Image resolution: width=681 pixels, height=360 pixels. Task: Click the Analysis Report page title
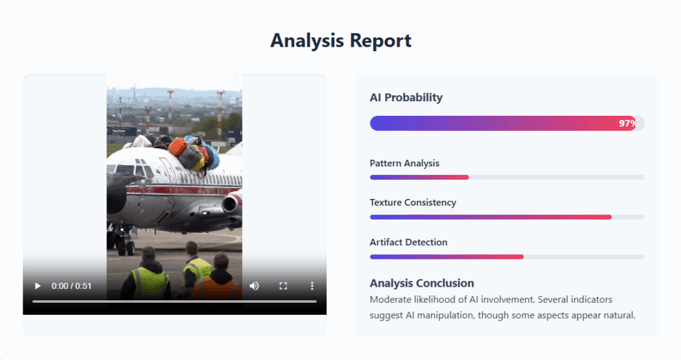point(341,41)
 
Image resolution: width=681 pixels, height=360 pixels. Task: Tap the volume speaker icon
point(255,285)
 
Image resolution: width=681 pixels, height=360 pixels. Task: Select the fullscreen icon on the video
point(283,285)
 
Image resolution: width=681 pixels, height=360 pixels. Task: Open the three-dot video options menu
point(312,285)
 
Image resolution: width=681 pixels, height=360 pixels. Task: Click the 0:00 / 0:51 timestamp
point(72,285)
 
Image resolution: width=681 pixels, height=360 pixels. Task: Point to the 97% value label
point(628,124)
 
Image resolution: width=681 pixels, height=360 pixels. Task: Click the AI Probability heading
point(406,97)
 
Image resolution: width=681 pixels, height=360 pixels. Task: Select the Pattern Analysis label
point(404,163)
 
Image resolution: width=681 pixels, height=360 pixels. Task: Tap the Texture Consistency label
point(413,202)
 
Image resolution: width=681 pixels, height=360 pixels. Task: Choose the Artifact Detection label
point(408,242)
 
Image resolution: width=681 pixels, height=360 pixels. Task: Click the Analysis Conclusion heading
point(422,283)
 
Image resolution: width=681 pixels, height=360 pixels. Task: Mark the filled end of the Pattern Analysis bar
point(468,178)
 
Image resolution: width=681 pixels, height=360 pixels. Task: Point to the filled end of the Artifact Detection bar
point(523,257)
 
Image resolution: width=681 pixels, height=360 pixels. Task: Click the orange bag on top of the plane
point(177,146)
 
